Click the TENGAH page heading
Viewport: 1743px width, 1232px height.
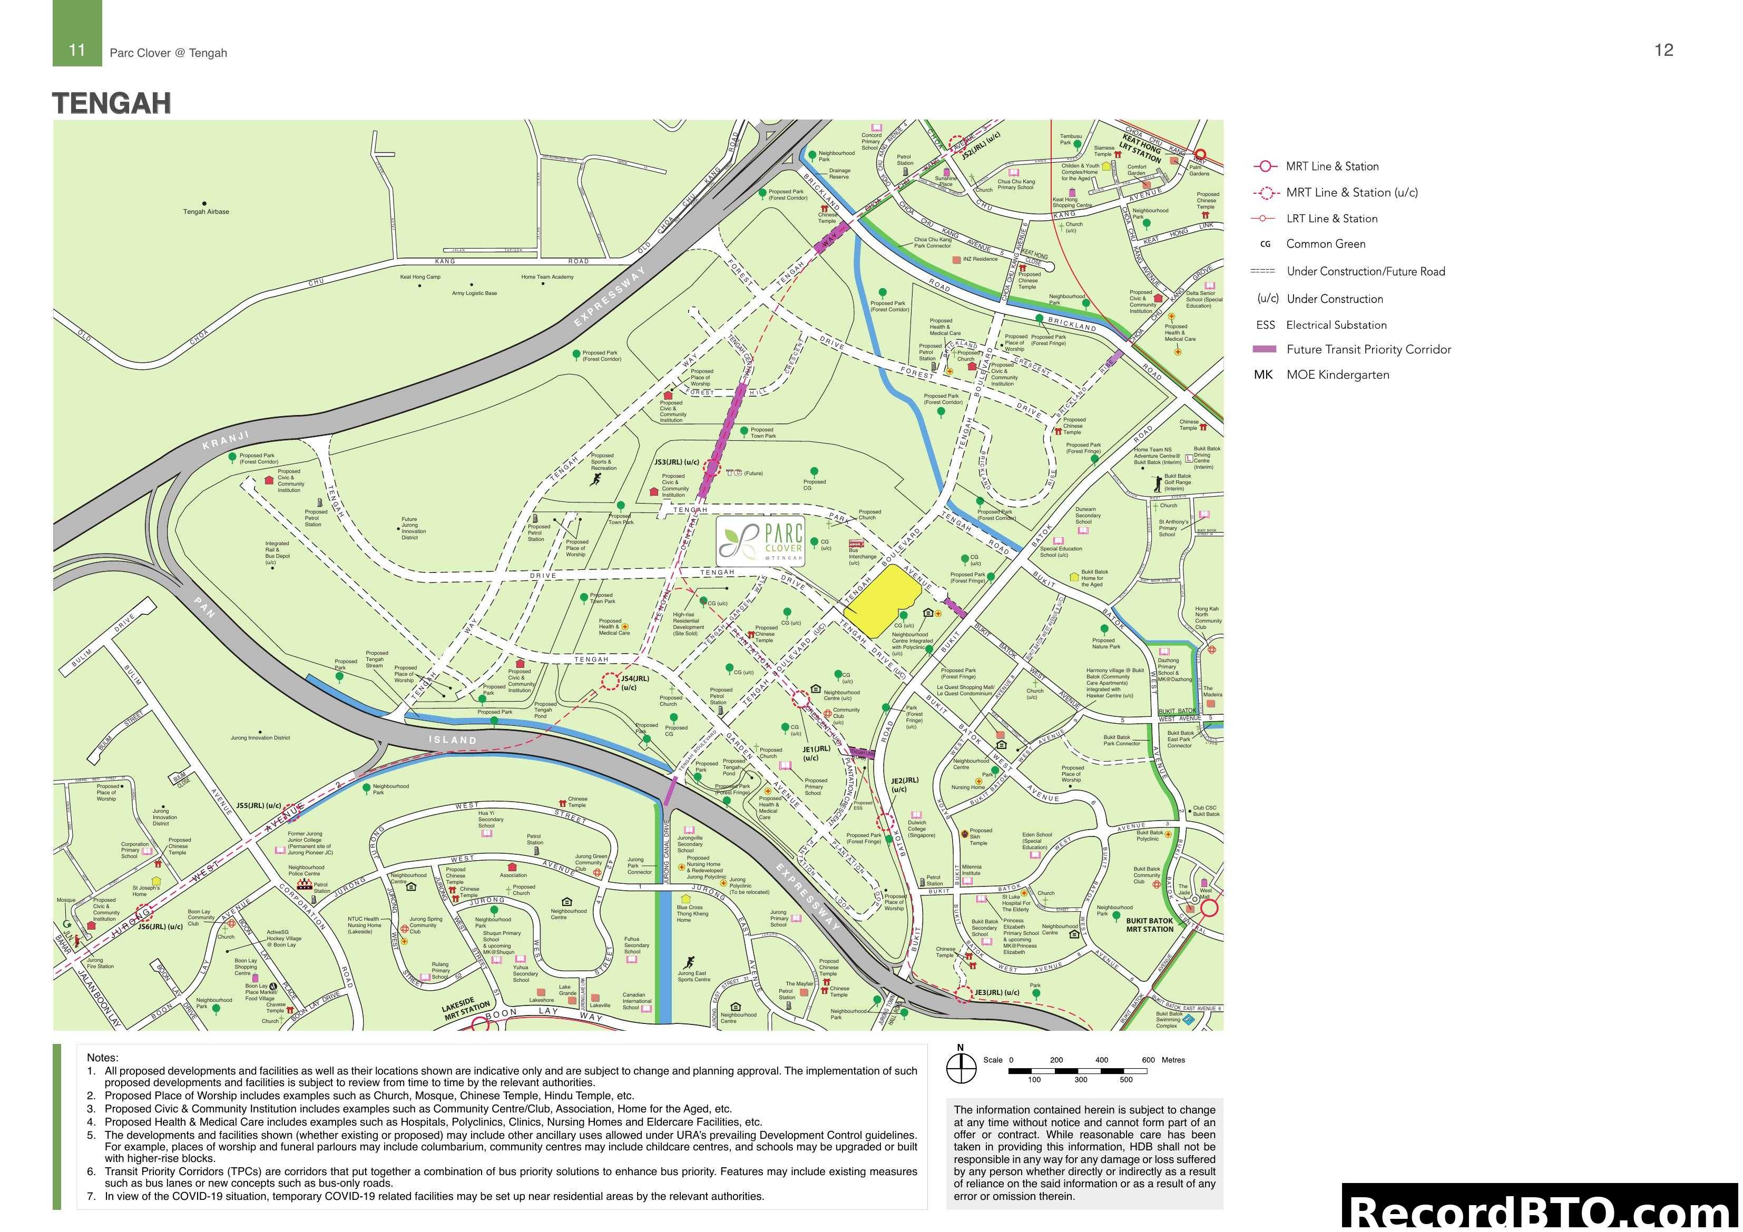112,103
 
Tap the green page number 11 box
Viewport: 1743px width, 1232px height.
77,50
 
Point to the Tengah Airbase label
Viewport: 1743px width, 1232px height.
205,212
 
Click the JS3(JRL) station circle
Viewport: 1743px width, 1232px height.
711,468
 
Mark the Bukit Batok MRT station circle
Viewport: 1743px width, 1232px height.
1209,908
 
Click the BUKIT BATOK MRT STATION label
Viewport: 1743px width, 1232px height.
1149,924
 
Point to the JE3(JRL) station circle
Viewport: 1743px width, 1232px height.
963,993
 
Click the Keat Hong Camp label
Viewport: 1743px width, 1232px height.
420,277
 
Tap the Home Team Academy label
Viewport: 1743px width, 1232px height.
547,277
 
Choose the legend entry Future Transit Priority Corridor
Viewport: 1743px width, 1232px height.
1368,349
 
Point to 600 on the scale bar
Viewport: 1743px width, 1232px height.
1148,1060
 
